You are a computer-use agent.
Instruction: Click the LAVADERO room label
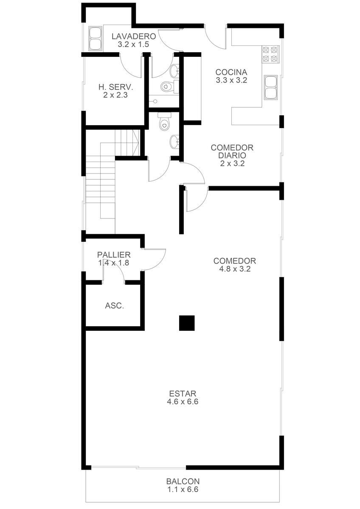coord(134,36)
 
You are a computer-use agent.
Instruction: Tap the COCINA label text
coord(231,72)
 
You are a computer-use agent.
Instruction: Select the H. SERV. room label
coord(116,87)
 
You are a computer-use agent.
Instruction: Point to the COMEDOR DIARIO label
coord(232,151)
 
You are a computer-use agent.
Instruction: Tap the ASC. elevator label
coord(114,306)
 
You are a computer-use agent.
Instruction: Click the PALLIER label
coord(114,255)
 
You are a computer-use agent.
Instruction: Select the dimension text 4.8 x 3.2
coord(235,269)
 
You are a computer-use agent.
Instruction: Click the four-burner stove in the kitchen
coord(270,54)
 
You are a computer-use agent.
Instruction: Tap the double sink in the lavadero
coord(96,39)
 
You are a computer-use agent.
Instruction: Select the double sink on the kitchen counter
coord(271,87)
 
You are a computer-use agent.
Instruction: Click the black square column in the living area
coord(187,323)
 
